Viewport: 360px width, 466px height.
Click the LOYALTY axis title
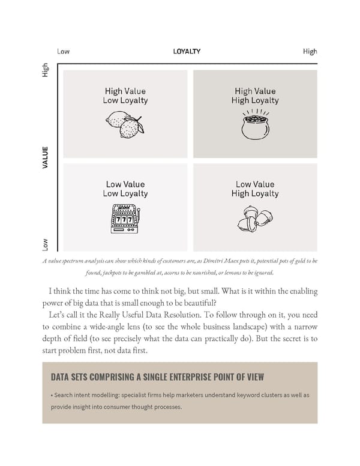point(187,52)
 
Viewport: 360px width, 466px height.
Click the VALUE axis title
point(46,157)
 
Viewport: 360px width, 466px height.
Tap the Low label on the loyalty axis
point(63,52)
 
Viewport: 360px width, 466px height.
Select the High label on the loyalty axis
point(310,52)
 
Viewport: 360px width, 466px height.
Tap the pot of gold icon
point(255,125)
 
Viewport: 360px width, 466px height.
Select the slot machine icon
point(125,219)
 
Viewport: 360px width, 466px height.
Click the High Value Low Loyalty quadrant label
point(125,96)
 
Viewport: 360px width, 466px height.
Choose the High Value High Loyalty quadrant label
point(255,96)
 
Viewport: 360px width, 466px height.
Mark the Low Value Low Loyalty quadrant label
point(125,189)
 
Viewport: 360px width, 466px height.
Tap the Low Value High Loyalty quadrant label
point(255,189)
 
